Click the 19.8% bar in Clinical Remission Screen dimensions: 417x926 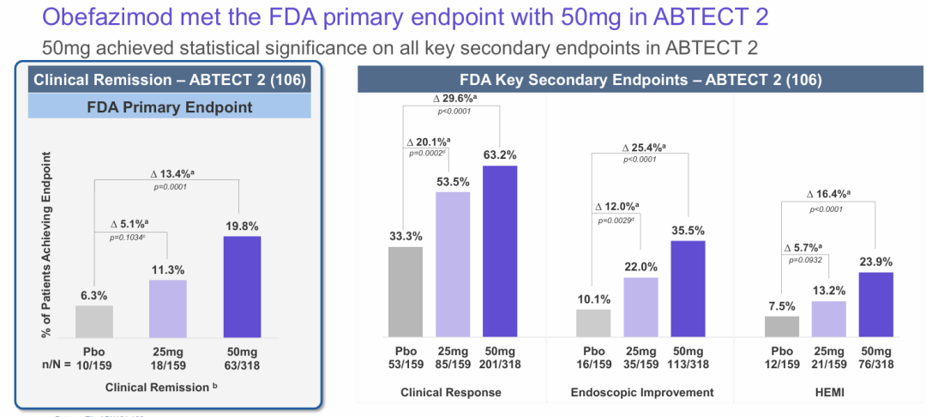[x=242, y=287]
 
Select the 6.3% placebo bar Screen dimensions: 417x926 [x=94, y=321]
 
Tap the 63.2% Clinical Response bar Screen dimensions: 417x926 [x=500, y=251]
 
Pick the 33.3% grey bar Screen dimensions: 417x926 [x=406, y=292]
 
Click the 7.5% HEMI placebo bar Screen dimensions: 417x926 [x=782, y=327]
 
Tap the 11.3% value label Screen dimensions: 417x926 [x=168, y=269]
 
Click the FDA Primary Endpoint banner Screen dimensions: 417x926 [x=169, y=107]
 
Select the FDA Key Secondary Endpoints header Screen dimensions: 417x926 [x=640, y=80]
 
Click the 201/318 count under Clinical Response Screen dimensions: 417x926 [x=500, y=365]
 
